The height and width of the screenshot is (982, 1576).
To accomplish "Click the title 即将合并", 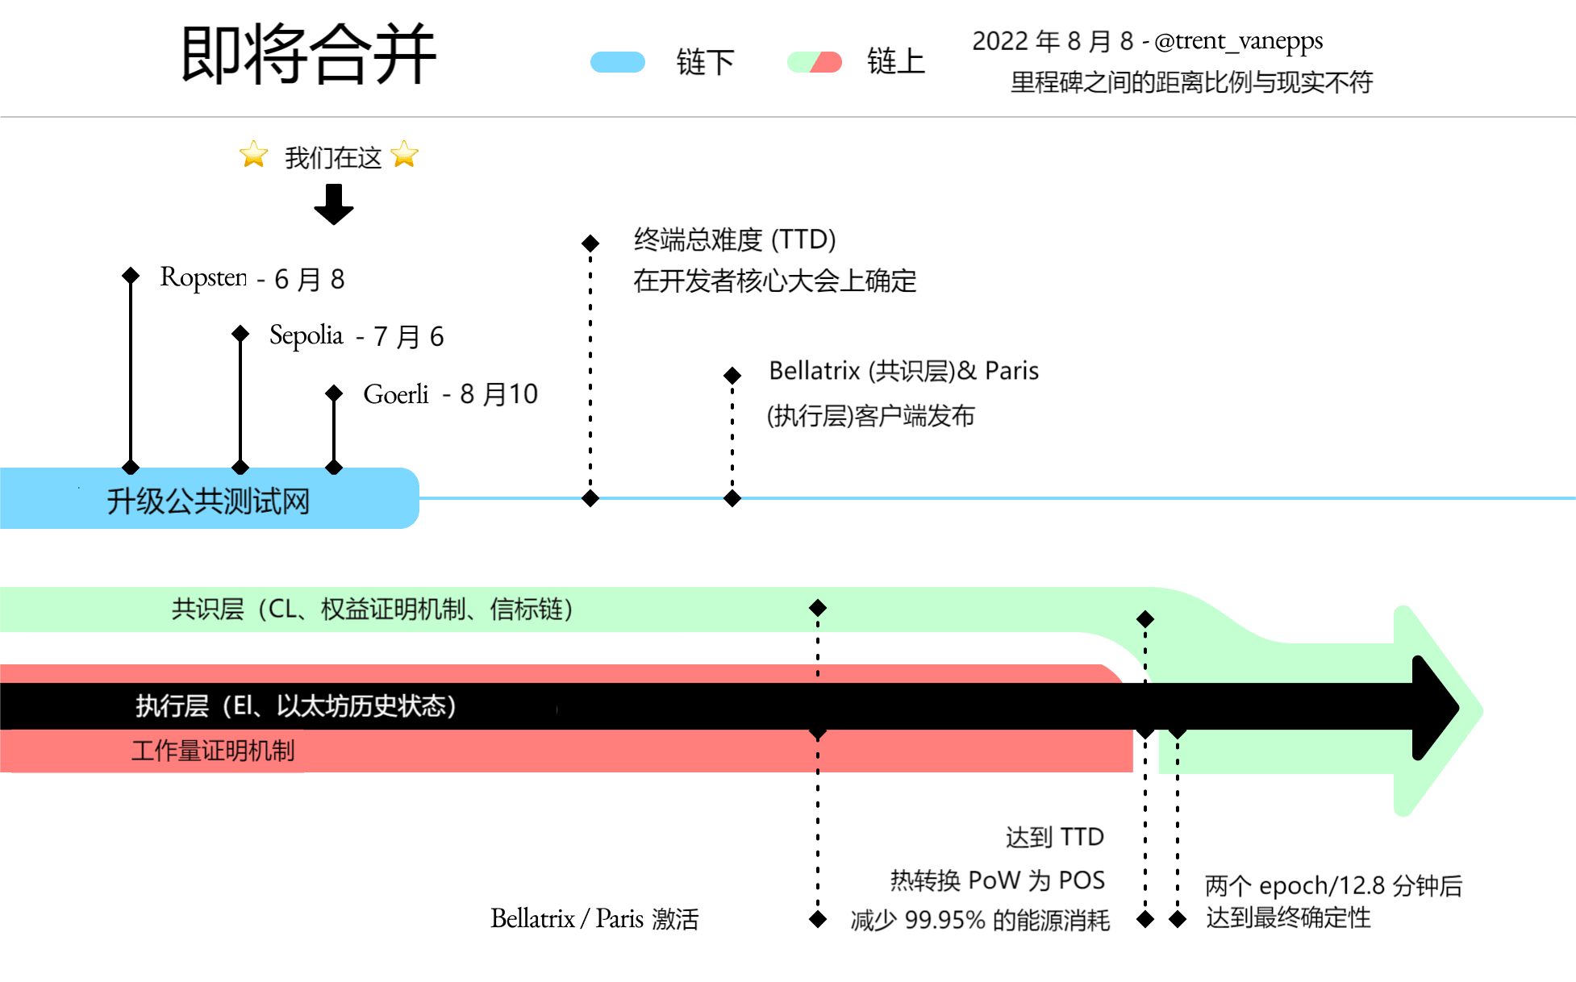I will pos(308,55).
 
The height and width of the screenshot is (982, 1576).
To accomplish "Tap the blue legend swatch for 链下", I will pos(618,62).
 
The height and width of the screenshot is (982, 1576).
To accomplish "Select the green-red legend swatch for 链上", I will pos(815,62).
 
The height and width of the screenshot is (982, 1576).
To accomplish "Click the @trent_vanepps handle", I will pos(1238,40).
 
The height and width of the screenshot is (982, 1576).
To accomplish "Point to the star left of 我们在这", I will pos(253,154).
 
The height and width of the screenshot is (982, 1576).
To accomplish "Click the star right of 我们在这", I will pos(405,154).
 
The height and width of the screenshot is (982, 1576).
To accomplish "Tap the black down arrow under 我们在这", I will pos(334,204).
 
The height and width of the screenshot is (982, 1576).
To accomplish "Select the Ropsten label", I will pos(203,277).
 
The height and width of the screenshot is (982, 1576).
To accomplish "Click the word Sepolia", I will pos(306,335).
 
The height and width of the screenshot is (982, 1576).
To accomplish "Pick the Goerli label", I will pos(396,394).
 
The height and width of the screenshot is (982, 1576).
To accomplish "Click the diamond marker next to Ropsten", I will pos(131,276).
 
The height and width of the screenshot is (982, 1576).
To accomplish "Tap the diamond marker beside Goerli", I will pos(334,393).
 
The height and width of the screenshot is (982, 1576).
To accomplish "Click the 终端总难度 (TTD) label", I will pos(734,239).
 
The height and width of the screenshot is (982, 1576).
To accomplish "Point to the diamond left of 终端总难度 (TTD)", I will pos(590,243).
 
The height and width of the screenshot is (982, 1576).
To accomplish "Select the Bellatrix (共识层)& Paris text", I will pos(903,371).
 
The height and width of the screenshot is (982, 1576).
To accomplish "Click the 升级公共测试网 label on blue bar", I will pos(208,501).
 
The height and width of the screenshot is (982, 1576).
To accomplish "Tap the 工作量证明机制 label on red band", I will pos(213,751).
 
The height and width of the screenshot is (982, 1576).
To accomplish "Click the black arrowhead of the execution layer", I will pos(1436,708).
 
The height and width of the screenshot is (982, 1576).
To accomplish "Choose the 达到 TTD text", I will pos(1054,837).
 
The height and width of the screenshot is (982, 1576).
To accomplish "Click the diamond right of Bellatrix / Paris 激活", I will pos(818,919).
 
